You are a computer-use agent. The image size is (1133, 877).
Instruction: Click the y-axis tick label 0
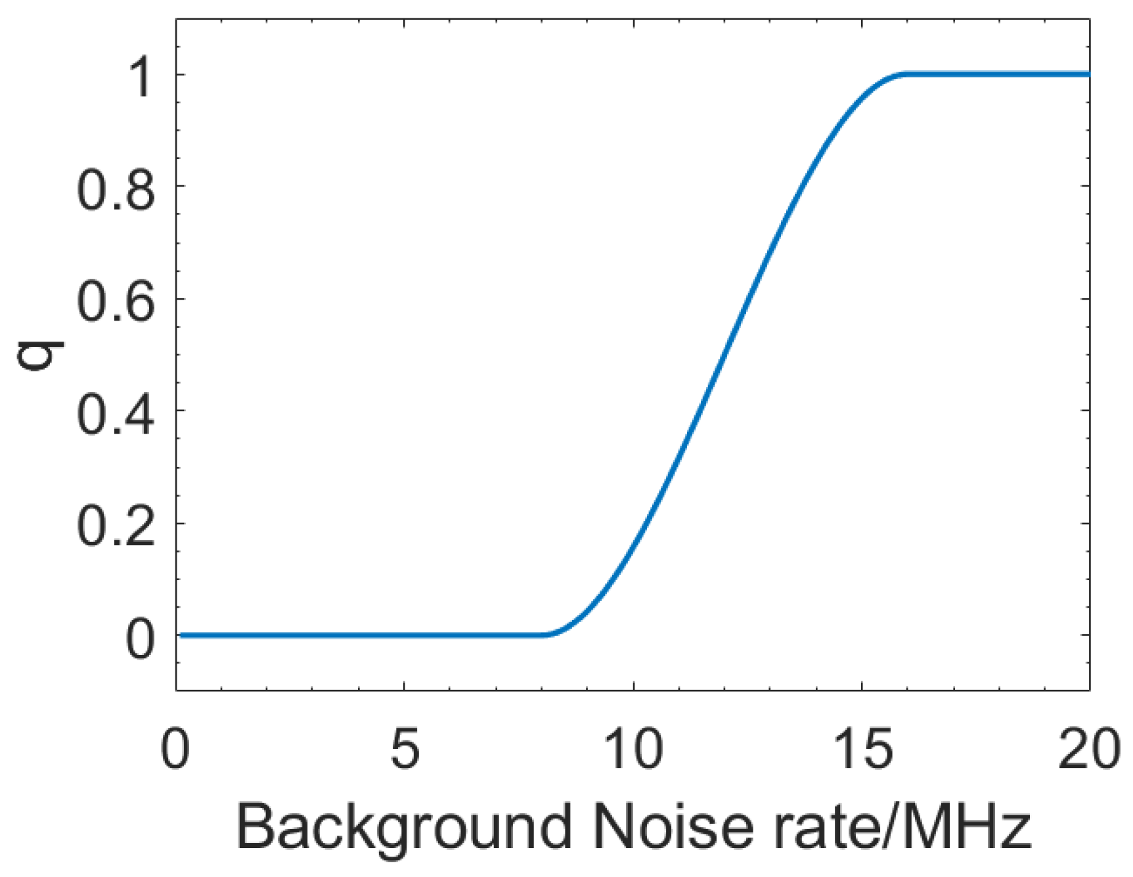pyautogui.click(x=141, y=638)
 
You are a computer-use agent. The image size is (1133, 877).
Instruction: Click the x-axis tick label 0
pyautogui.click(x=175, y=749)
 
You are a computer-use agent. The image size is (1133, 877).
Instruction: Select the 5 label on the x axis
pyautogui.click(x=404, y=749)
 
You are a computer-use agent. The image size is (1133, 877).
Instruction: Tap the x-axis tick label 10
pyautogui.click(x=633, y=749)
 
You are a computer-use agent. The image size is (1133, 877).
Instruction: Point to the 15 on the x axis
pyautogui.click(x=862, y=749)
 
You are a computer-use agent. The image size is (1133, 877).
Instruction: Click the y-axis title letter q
pyautogui.click(x=41, y=355)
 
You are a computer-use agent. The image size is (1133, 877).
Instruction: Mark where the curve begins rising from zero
pyautogui.click(x=546, y=635)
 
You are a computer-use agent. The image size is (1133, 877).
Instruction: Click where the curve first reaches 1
pyautogui.click(x=906, y=74)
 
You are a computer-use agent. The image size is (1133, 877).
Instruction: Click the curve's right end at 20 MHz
pyautogui.click(x=1088, y=74)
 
